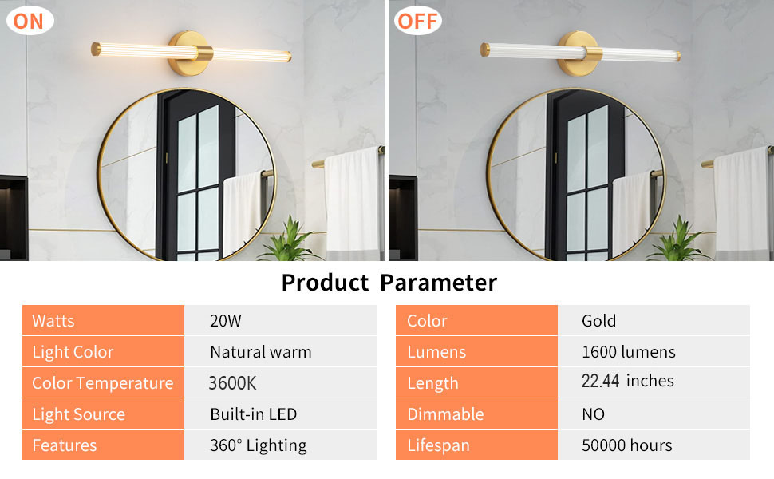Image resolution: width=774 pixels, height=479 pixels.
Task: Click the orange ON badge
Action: click(29, 20)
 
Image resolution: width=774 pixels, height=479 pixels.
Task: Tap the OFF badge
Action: click(417, 20)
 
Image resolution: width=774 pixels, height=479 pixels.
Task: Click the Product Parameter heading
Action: click(389, 283)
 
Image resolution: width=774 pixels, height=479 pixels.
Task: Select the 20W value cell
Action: click(226, 321)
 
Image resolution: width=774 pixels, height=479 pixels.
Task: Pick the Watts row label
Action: click(53, 321)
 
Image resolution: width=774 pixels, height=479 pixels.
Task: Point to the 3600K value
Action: click(232, 383)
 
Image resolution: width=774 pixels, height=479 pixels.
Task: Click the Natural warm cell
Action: click(260, 352)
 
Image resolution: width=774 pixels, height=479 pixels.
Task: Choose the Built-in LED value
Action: click(253, 414)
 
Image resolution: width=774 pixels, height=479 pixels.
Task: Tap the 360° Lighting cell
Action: click(258, 445)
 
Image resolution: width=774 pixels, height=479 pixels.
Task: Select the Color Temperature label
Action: click(102, 383)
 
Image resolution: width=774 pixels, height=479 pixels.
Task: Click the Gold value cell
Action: click(598, 321)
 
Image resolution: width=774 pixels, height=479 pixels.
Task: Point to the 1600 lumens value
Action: click(628, 352)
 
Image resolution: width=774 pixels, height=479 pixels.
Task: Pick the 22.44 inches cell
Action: click(627, 382)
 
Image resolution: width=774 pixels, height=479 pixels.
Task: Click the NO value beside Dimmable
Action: click(593, 414)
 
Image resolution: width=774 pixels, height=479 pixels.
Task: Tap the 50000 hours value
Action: click(626, 445)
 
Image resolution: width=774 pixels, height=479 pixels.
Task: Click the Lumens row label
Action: click(436, 352)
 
